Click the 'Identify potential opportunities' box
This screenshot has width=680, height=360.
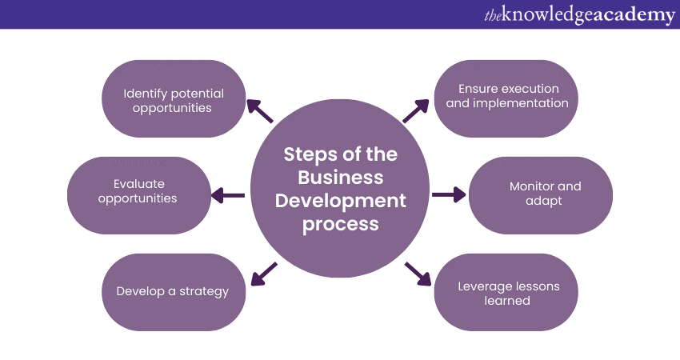(174, 99)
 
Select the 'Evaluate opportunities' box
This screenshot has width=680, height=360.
(138, 192)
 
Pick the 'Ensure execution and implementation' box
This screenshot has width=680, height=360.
(506, 96)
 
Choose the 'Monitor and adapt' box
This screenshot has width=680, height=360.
(541, 194)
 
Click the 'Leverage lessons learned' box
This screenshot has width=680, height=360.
(506, 293)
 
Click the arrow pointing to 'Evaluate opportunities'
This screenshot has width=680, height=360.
(228, 194)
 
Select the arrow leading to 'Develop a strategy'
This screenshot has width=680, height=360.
(263, 273)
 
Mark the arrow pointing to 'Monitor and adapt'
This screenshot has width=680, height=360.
(449, 194)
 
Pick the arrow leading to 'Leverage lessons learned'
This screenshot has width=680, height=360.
(417, 273)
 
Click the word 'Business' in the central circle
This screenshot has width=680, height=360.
(341, 177)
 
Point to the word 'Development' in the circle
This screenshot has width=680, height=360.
(341, 200)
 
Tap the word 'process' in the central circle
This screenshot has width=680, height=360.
(341, 223)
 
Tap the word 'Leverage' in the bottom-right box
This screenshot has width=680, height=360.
(484, 286)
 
